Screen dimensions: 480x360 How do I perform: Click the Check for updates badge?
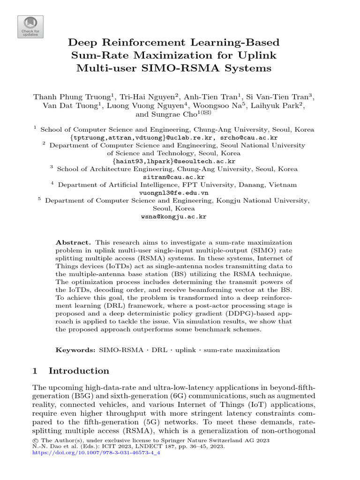(30, 26)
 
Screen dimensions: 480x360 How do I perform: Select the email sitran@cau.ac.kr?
(173, 177)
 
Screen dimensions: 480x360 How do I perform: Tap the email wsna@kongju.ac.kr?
(173, 217)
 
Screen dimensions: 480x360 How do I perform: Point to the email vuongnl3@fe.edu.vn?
(174, 193)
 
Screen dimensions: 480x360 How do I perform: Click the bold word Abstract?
(74, 242)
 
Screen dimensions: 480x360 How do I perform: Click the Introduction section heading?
(79, 371)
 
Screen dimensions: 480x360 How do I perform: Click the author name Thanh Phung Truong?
(72, 97)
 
